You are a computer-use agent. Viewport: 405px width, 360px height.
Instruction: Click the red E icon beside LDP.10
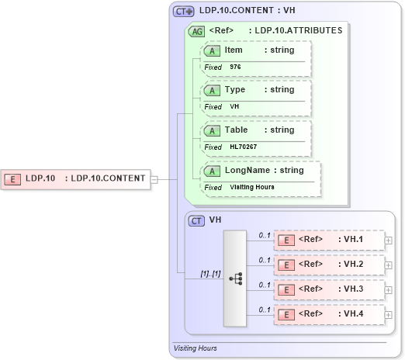13,178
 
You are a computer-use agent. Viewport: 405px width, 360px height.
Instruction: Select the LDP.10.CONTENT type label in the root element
108,178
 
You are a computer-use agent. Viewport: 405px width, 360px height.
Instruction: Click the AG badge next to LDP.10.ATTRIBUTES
197,32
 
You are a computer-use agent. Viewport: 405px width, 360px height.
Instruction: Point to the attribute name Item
233,50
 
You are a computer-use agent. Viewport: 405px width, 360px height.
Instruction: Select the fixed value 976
235,67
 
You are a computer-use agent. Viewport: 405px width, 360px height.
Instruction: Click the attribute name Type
234,90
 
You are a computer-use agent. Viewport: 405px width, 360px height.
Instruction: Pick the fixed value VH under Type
234,106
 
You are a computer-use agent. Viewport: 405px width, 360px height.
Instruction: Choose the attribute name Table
236,130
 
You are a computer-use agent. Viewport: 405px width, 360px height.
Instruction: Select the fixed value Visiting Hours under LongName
251,187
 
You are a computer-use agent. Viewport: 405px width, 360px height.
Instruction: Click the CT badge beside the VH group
197,221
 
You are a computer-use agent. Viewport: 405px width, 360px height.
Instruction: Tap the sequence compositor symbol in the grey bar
236,277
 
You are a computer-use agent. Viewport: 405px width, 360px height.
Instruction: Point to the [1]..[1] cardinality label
209,273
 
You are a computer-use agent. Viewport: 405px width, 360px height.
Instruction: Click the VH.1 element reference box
329,240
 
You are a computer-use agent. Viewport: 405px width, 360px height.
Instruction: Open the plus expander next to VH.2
388,265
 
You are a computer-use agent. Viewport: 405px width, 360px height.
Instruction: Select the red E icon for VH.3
286,289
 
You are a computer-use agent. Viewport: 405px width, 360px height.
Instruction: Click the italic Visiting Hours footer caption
195,348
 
